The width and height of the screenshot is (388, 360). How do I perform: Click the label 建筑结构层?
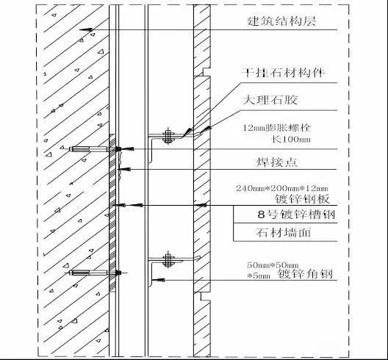[281, 21]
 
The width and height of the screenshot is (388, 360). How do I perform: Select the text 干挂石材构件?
[283, 73]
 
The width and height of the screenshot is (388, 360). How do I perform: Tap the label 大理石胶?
[270, 100]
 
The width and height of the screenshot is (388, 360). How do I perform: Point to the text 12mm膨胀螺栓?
[276, 128]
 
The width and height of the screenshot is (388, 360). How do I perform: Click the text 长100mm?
[291, 139]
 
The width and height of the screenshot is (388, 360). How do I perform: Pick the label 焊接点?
[276, 162]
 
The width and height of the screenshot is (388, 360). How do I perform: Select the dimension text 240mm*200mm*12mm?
[282, 188]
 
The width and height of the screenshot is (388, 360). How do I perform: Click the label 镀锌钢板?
[302, 199]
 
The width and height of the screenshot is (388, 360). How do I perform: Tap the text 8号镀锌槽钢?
[296, 215]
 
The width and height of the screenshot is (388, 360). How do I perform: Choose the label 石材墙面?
[284, 233]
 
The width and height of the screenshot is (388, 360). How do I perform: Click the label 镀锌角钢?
[305, 274]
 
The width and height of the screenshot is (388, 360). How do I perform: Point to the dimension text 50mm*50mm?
[273, 265]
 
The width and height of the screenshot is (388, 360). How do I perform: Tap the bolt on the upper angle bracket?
[168, 136]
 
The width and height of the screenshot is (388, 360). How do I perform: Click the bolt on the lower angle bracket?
[168, 259]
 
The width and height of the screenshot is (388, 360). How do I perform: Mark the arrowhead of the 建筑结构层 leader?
[86, 29]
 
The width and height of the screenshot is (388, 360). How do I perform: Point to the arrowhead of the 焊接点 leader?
[125, 170]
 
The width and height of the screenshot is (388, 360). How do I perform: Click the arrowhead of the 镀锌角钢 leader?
[158, 280]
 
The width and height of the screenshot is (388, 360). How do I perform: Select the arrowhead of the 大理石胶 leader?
[206, 129]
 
